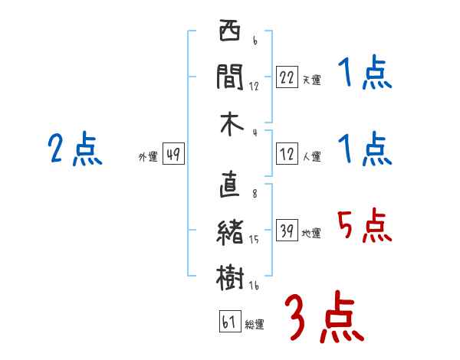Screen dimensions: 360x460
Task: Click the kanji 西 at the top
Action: (230, 33)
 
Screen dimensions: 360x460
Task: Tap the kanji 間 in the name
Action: (230, 78)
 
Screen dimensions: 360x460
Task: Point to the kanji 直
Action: (230, 186)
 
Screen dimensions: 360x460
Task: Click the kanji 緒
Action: (230, 233)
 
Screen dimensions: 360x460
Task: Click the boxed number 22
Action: (287, 77)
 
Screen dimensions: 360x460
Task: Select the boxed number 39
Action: (287, 231)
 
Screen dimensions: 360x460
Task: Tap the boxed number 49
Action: (172, 155)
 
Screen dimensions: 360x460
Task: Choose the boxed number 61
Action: (228, 322)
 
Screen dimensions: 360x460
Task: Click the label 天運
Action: (311, 80)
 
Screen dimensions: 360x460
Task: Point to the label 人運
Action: (311, 157)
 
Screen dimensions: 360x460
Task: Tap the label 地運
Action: (311, 234)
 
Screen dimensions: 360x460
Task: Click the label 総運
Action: (255, 325)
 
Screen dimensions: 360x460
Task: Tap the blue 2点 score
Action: (74, 149)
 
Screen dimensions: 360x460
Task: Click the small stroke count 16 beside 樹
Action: (254, 286)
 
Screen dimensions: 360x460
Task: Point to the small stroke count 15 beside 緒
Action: (254, 240)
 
